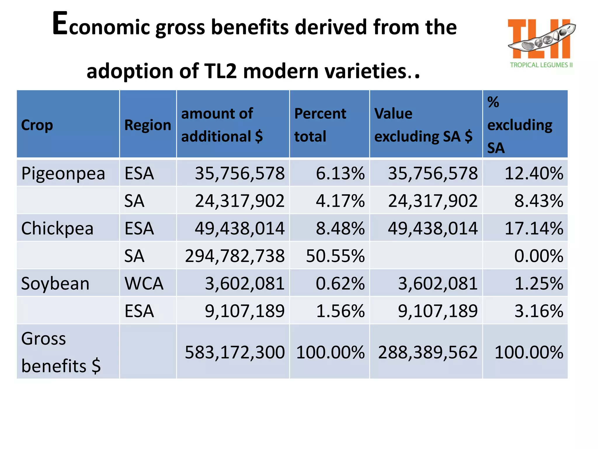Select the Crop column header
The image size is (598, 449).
pos(37,125)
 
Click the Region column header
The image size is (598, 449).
pos(147,125)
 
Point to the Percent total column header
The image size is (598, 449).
pos(320,125)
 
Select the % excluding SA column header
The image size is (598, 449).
pos(520,125)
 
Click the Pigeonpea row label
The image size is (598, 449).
pos(63,173)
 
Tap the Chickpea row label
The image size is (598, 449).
pos(57,228)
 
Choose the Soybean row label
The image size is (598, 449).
pos(55,283)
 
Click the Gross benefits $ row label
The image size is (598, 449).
pos(61,352)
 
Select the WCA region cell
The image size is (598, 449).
pos(144,283)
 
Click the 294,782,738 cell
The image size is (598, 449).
pos(234,256)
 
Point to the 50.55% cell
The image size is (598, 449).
pos(335,256)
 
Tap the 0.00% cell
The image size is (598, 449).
pos(538,256)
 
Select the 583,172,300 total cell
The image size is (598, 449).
pos(234,352)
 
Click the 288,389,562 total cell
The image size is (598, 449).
pos(427,352)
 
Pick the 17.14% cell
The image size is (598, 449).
pos(534,228)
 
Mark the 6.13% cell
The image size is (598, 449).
pos(340,173)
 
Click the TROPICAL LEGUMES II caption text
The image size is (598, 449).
pos(541,65)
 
